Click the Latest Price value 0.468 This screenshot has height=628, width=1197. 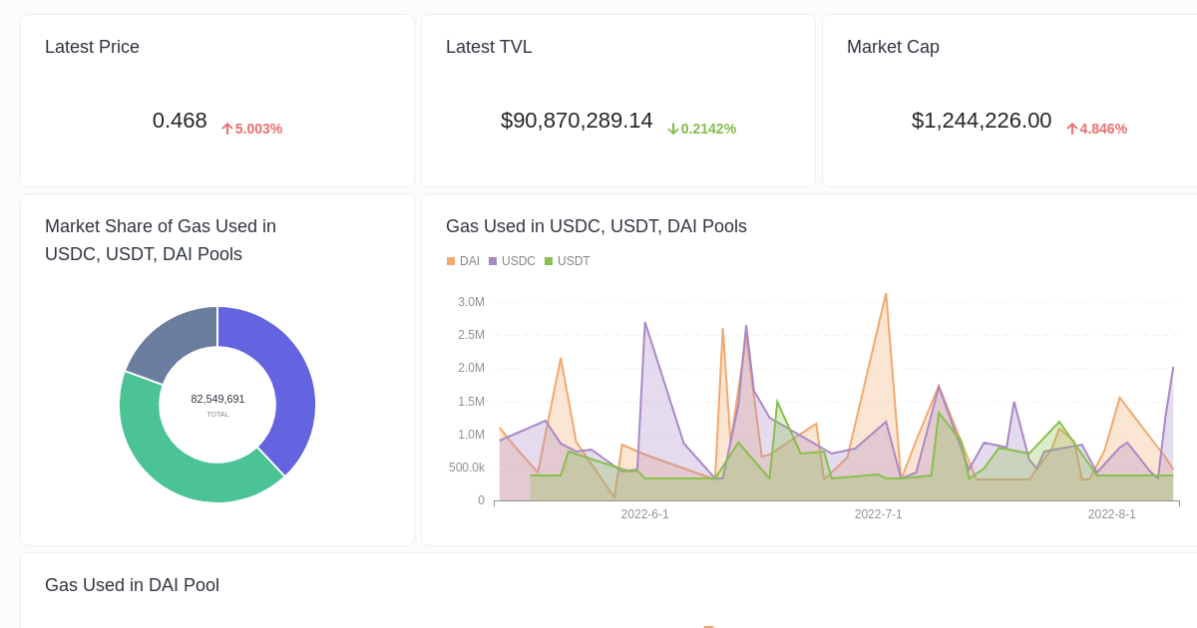pyautogui.click(x=180, y=121)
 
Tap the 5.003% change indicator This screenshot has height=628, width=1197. pyautogui.click(x=252, y=129)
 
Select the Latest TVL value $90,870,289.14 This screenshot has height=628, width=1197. pyautogui.click(x=577, y=121)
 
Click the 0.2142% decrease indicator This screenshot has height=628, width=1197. pyautogui.click(x=702, y=129)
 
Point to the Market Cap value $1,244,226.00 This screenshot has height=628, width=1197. pyautogui.click(x=982, y=121)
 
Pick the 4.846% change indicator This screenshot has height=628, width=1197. pyautogui.click(x=1097, y=129)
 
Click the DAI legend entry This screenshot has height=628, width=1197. pyautogui.click(x=464, y=261)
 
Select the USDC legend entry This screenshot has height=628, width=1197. pyautogui.click(x=512, y=261)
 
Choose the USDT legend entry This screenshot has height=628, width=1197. pyautogui.click(x=568, y=261)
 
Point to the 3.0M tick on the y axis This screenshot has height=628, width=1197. pyautogui.click(x=471, y=302)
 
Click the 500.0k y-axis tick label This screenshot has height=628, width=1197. pyautogui.click(x=467, y=468)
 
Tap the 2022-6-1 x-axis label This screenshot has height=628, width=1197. pyautogui.click(x=645, y=514)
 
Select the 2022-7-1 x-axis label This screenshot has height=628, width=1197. pyautogui.click(x=879, y=514)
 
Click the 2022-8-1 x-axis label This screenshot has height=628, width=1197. pyautogui.click(x=1112, y=514)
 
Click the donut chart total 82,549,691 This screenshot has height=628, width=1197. pyautogui.click(x=217, y=399)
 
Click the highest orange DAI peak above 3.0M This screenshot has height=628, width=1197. pyautogui.click(x=886, y=295)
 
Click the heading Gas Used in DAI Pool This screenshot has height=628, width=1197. pyautogui.click(x=132, y=585)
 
